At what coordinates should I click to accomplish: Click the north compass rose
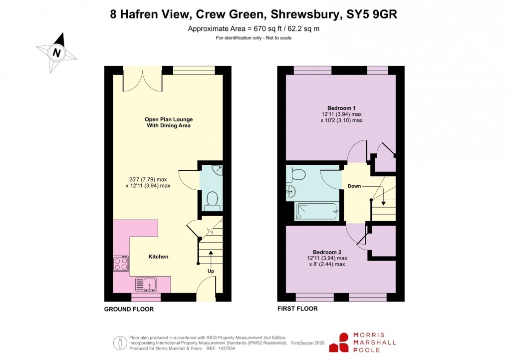tap(57, 52)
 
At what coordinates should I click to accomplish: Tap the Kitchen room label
tap(158, 257)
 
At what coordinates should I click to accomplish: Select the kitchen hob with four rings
tap(121, 264)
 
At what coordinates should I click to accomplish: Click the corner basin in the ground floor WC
tap(219, 171)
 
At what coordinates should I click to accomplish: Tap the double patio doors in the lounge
tap(142, 81)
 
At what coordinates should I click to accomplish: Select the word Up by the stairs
tap(211, 272)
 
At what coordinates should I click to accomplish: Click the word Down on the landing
tap(355, 186)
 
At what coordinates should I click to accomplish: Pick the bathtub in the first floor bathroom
tap(317, 212)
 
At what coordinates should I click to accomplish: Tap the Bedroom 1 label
tap(341, 108)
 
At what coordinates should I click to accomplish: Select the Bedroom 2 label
tap(327, 252)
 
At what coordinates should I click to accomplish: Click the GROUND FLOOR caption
tap(129, 309)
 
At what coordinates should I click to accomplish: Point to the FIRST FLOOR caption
tap(297, 309)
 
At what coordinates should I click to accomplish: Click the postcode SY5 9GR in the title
tap(372, 14)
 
